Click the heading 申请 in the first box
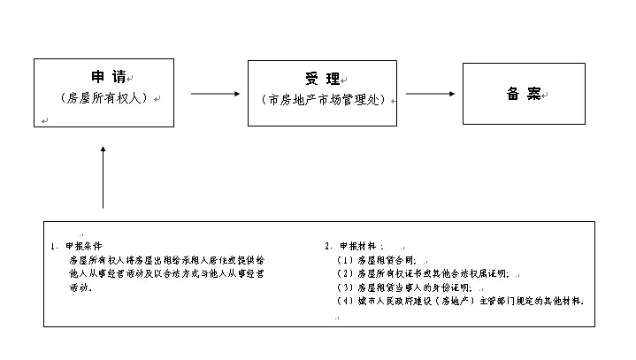[x=104, y=77]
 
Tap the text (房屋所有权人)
[x=103, y=97]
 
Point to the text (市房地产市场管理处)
[x=324, y=99]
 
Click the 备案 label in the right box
[x=523, y=94]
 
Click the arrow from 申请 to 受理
[x=216, y=94]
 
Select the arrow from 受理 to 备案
[x=430, y=94]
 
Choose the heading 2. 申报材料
[x=355, y=246]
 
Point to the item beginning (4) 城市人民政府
[x=460, y=302]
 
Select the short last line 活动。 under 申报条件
[x=80, y=288]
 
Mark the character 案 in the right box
[x=533, y=94]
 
